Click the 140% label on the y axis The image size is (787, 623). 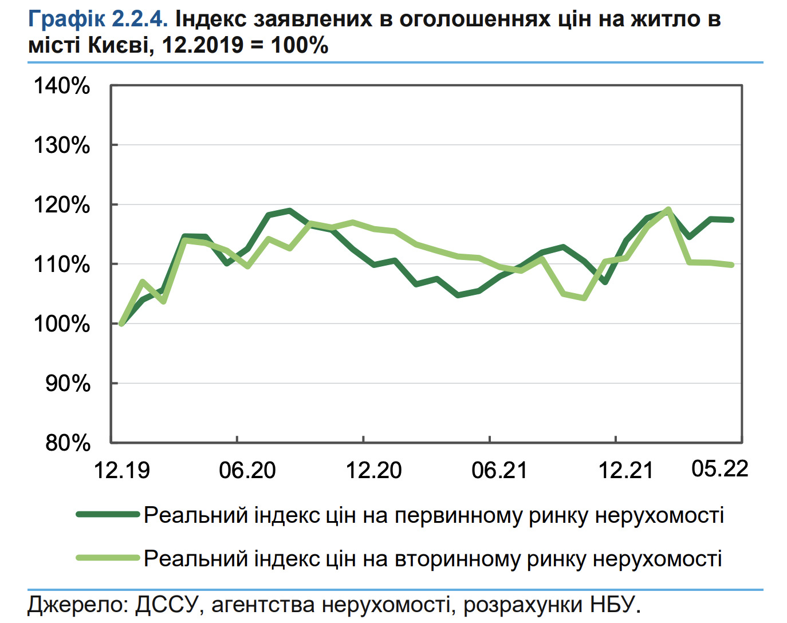62,86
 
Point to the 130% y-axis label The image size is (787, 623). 62,145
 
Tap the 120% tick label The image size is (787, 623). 62,205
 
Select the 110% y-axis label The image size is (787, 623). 62,265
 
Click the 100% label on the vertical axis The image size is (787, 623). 62,324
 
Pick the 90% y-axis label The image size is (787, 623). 68,384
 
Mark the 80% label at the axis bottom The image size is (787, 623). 68,443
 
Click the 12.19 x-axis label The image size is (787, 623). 121,471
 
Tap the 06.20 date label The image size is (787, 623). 247,471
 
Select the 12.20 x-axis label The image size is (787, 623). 373,471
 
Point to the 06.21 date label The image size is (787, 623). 499,471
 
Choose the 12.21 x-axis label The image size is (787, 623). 625,471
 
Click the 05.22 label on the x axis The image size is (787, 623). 720,469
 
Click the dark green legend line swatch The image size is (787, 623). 108,515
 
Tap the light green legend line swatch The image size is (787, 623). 108,558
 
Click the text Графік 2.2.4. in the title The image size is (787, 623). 98,19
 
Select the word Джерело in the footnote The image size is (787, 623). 77,605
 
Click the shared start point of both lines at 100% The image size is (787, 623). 121,324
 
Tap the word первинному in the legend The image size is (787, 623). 458,515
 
